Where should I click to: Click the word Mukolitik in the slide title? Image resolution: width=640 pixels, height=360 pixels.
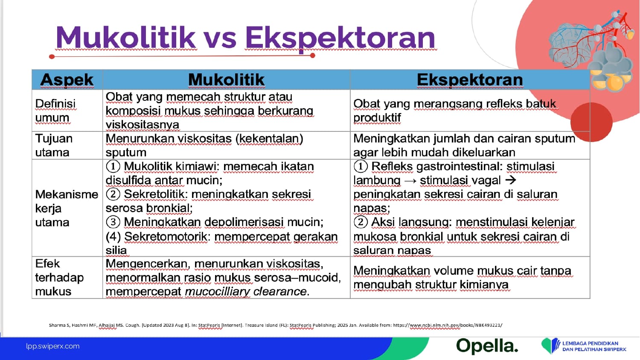click(126, 38)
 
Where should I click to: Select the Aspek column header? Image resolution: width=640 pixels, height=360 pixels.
click(67, 79)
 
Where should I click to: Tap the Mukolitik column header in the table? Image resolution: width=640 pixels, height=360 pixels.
click(226, 79)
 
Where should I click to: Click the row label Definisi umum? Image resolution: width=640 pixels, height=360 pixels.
click(55, 110)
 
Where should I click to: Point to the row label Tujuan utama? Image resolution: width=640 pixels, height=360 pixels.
click(54, 145)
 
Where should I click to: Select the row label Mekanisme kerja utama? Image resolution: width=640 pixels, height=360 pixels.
click(66, 208)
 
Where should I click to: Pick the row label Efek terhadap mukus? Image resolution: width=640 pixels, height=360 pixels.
click(59, 277)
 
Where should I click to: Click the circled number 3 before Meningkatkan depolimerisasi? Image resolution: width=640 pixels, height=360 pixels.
click(113, 222)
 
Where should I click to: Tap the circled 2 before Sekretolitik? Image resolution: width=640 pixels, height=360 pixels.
click(113, 194)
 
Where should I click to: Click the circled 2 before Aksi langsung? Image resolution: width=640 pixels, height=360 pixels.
click(361, 222)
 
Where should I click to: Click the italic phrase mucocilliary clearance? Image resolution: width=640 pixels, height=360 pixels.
click(246, 292)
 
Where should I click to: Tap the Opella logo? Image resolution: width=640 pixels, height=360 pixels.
click(487, 346)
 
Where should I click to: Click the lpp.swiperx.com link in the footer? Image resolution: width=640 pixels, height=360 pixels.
click(53, 346)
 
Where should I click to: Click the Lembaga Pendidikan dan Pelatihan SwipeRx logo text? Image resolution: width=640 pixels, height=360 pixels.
click(594, 346)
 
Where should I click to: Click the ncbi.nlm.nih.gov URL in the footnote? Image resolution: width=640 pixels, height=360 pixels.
click(448, 325)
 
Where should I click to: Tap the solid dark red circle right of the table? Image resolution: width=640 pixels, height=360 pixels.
click(591, 122)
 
